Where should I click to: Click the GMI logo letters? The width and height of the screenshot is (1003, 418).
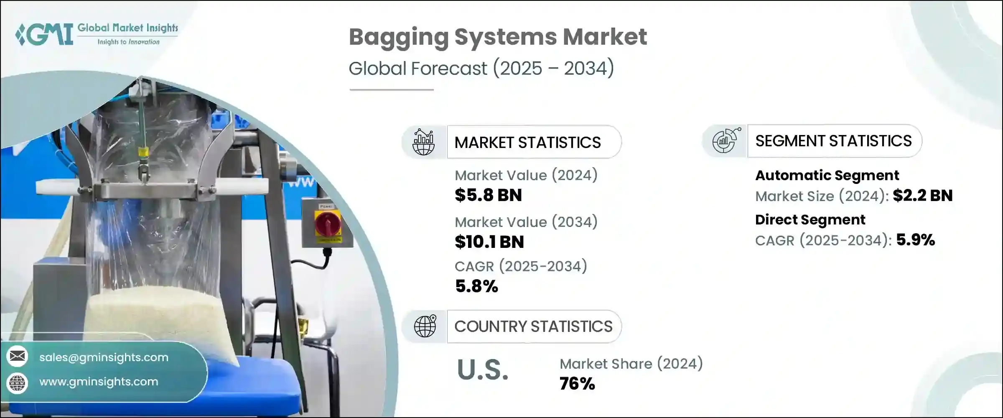click(x=44, y=34)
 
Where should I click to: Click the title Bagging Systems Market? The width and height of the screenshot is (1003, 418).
click(x=498, y=37)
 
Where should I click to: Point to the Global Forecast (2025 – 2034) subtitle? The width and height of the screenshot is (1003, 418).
click(x=481, y=68)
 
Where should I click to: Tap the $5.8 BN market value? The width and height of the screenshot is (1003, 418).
click(x=488, y=195)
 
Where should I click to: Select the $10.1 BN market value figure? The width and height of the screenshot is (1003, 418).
click(x=489, y=242)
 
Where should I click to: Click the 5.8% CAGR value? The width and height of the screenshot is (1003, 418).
click(x=476, y=286)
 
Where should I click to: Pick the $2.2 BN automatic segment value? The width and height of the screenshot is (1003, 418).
click(x=923, y=196)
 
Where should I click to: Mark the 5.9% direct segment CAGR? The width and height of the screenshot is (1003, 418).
click(x=916, y=240)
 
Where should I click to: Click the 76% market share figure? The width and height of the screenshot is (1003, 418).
click(x=577, y=384)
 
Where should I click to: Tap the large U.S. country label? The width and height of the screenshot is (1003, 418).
click(x=483, y=370)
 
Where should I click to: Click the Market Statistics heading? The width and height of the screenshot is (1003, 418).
click(x=527, y=143)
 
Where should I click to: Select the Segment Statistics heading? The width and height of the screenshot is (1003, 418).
click(x=833, y=141)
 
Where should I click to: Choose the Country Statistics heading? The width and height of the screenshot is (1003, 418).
click(x=533, y=326)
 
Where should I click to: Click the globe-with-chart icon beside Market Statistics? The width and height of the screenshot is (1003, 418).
click(x=424, y=142)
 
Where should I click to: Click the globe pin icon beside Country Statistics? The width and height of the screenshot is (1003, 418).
click(x=425, y=326)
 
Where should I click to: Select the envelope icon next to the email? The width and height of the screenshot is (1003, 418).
click(x=17, y=356)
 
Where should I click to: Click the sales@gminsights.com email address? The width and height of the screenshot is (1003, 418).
click(x=104, y=357)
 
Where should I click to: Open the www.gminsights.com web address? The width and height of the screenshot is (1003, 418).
click(x=99, y=382)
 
